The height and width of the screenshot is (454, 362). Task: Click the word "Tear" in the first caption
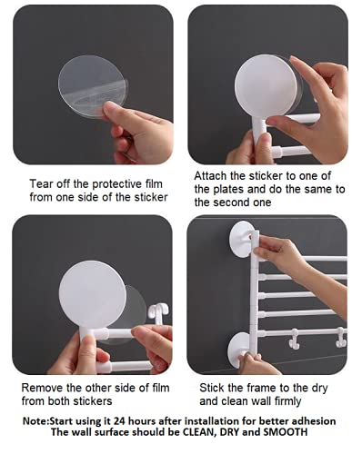coord(39,183)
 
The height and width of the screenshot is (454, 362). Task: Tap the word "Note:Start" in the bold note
coord(48,421)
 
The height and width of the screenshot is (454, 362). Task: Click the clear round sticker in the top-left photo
coord(92,86)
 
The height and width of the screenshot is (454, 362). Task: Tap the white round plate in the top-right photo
coord(266,85)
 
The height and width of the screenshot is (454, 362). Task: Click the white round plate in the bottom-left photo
coord(92,294)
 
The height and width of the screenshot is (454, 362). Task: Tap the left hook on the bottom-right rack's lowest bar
coord(294,339)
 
